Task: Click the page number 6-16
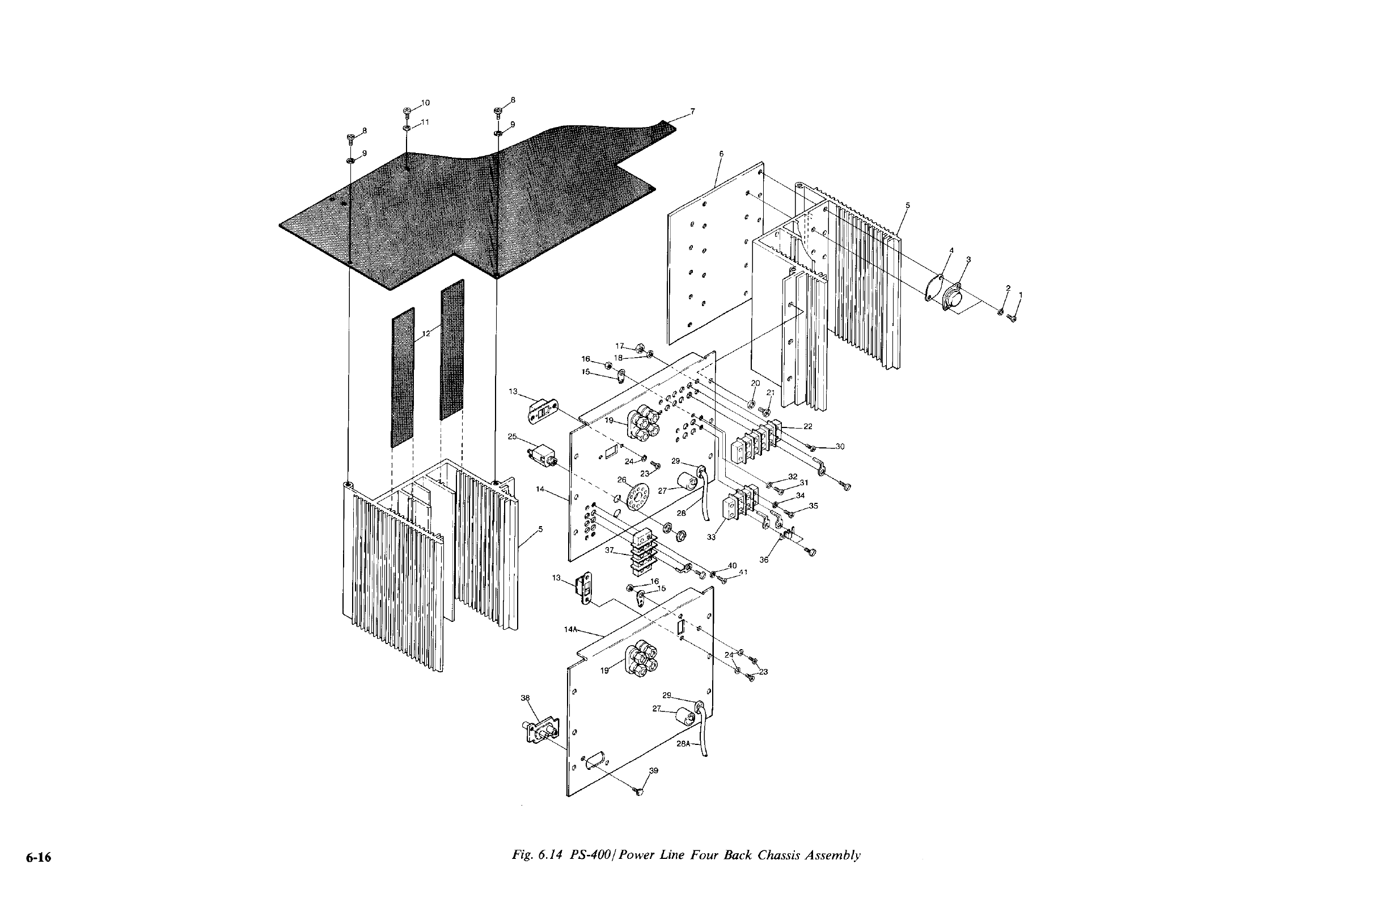(39, 858)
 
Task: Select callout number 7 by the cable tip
(692, 111)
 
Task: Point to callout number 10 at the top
(425, 103)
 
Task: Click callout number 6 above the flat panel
(721, 154)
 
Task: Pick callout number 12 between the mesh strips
(426, 333)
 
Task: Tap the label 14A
(570, 629)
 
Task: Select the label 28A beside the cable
(683, 744)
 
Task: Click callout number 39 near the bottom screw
(654, 770)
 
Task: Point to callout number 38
(525, 697)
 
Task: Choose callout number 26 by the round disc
(621, 480)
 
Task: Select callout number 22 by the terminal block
(808, 426)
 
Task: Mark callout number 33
(711, 537)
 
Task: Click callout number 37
(610, 550)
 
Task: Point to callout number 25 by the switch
(513, 436)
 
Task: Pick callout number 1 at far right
(1020, 294)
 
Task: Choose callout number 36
(764, 560)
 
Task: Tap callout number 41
(743, 573)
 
